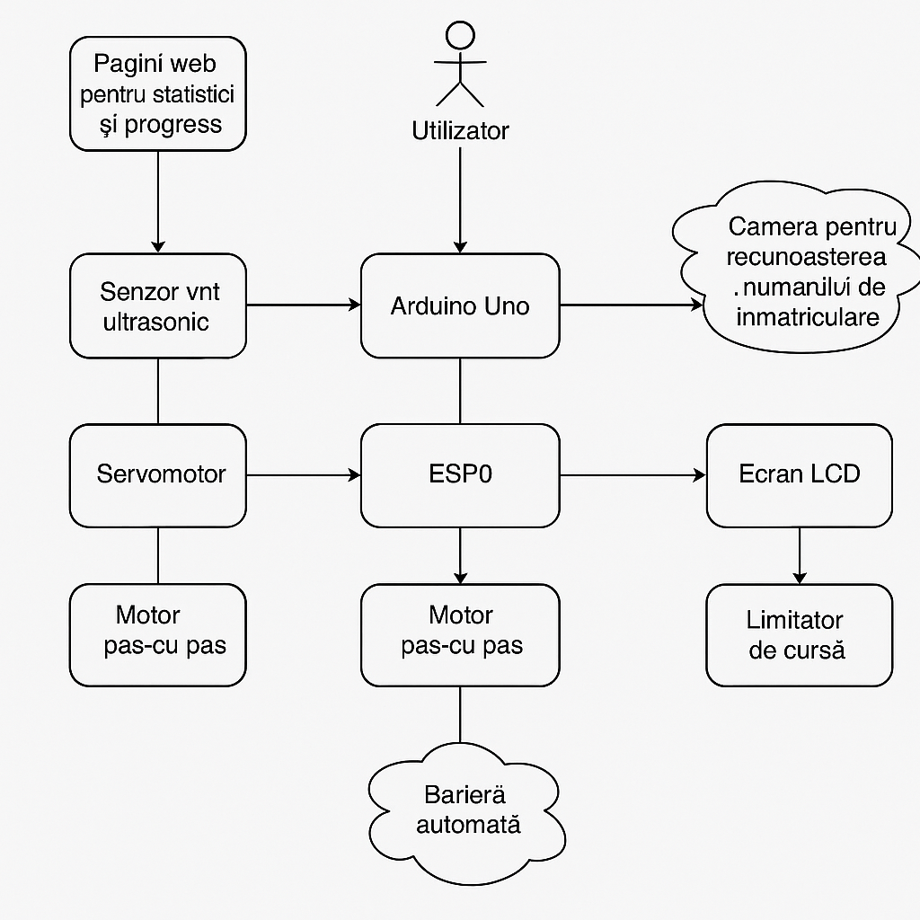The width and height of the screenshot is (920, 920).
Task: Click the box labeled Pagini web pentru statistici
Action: [157, 93]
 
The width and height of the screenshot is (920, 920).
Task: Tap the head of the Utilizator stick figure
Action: [460, 35]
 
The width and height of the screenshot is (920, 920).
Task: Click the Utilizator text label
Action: [460, 131]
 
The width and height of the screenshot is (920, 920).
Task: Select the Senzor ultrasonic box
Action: [158, 305]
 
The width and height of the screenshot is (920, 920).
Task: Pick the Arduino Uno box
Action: [460, 305]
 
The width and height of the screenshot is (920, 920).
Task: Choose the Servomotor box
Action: [158, 474]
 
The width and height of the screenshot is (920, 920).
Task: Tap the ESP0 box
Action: [460, 474]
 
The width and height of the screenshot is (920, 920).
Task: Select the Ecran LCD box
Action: [799, 474]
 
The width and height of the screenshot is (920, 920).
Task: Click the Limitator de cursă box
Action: [799, 634]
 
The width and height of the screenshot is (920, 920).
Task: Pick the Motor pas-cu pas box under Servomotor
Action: [158, 634]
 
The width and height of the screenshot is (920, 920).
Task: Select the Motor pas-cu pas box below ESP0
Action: [460, 634]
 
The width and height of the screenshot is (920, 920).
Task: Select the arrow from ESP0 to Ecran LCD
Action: [632, 474]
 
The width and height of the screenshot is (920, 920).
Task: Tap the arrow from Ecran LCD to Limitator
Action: [799, 555]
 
